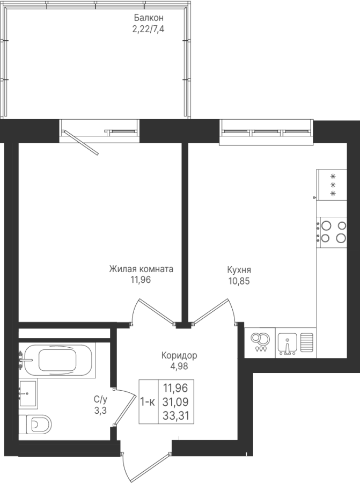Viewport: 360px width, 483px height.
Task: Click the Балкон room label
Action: [149, 18]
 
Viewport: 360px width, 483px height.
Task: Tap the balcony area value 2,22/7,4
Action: [149, 30]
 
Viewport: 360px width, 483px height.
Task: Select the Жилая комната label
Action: [141, 269]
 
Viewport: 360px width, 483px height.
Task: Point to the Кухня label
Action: [239, 270]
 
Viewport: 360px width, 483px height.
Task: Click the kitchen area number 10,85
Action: [239, 281]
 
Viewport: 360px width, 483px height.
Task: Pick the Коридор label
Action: [179, 355]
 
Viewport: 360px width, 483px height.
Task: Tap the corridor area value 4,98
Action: [179, 367]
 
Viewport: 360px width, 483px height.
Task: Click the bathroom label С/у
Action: [100, 400]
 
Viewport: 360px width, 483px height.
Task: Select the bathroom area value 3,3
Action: [100, 411]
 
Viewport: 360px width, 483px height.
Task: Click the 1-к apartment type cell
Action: [148, 401]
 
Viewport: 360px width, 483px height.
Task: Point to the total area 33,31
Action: [175, 416]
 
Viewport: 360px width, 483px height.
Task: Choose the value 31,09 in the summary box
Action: [175, 402]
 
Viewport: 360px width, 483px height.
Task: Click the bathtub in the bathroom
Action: [57, 360]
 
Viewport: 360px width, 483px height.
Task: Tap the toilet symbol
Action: [34, 425]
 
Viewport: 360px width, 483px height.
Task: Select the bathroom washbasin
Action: [28, 394]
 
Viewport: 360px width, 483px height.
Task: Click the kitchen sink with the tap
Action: [287, 343]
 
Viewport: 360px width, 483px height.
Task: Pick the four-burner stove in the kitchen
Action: [332, 232]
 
